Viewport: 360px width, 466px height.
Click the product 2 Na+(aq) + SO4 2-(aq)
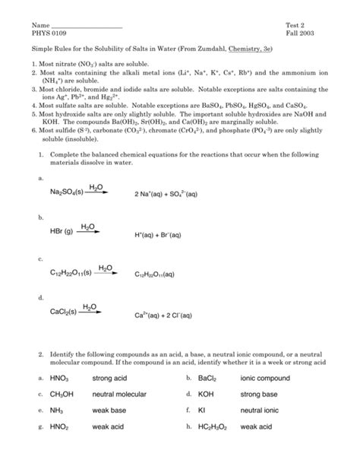(x=166, y=194)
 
